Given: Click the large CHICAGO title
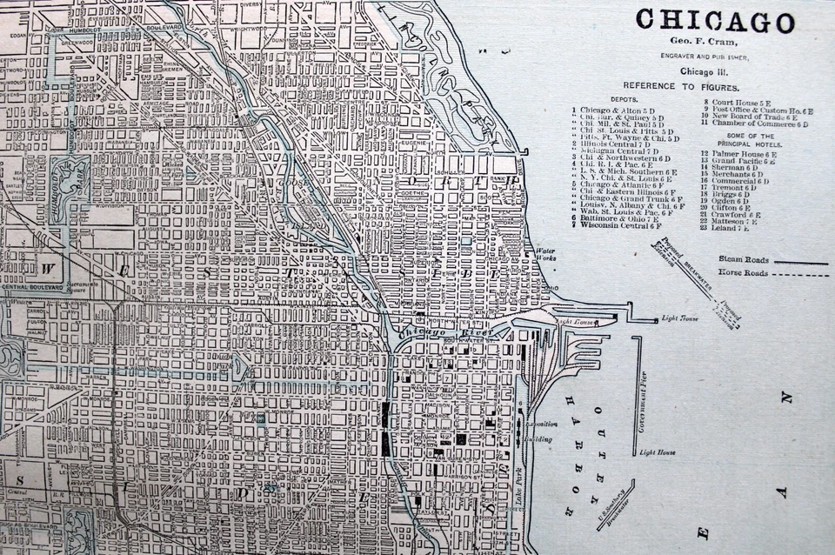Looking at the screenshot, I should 715,21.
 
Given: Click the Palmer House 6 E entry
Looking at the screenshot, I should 745,154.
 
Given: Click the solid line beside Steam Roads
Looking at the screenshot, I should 800,260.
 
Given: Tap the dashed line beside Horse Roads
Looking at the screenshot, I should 800,274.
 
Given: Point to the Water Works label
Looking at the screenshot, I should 545,255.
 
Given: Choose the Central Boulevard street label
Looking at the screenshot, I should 33,286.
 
